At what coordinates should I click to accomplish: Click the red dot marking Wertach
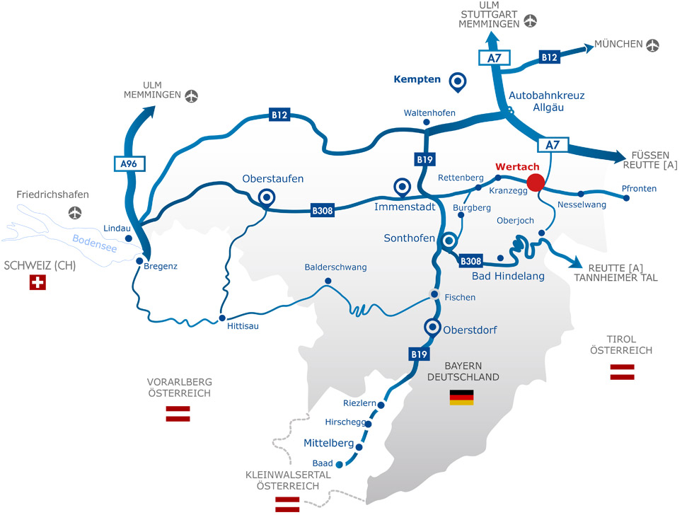point(536,182)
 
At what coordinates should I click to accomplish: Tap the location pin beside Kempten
point(458,83)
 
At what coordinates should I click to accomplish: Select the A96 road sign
point(129,164)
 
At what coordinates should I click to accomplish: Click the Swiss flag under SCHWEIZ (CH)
point(37,283)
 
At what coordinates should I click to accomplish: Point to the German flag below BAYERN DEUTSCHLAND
point(461,397)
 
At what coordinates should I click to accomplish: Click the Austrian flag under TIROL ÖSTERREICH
point(622,372)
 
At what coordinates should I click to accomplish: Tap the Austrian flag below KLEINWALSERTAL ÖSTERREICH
point(287,504)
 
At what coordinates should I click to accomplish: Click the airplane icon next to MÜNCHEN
point(652,45)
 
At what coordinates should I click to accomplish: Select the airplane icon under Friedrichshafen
point(75,212)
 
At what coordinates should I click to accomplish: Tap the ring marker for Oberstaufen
point(267,197)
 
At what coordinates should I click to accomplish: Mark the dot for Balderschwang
point(328,281)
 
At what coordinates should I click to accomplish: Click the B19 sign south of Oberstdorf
point(418,354)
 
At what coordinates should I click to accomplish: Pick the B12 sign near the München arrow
point(550,57)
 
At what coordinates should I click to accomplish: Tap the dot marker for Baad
point(339,465)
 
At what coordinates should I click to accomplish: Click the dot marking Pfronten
point(627,198)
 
